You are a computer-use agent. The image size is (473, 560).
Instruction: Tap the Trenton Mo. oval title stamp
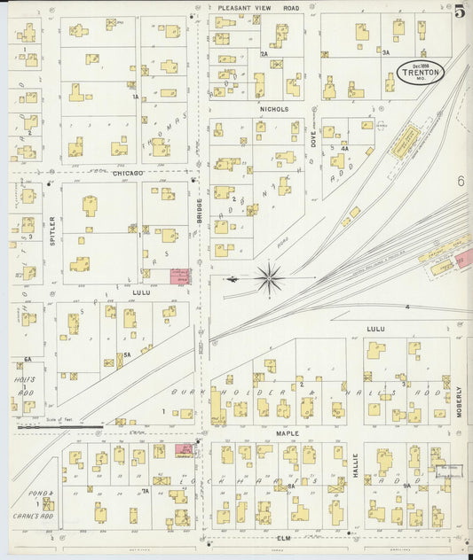click(x=421, y=73)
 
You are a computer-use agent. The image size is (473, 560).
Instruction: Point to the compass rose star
click(x=269, y=277)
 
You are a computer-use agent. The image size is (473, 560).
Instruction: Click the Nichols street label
click(x=274, y=109)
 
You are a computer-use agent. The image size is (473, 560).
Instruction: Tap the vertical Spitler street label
click(x=52, y=229)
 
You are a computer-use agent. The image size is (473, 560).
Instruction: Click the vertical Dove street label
click(x=313, y=136)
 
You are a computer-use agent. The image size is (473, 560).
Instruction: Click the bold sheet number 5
click(x=460, y=12)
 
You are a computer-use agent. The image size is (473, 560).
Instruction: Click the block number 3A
click(x=386, y=53)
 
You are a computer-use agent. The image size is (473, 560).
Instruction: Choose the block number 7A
click(x=145, y=490)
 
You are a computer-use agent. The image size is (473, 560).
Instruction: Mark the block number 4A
click(x=344, y=149)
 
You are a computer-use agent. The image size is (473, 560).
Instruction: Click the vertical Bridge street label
click(x=200, y=211)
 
